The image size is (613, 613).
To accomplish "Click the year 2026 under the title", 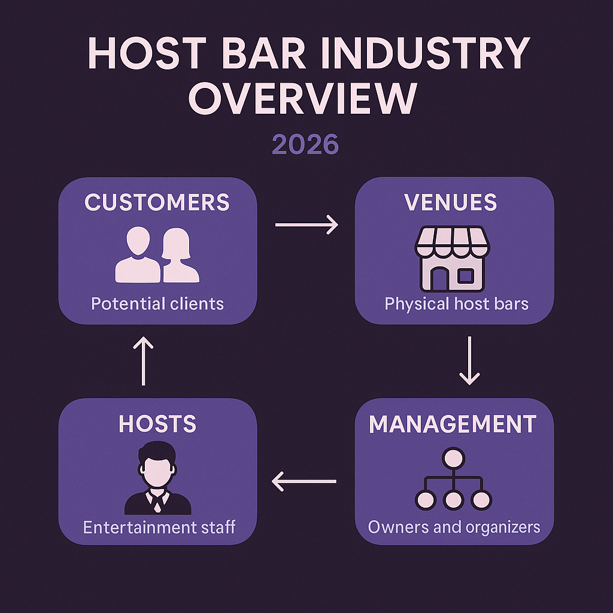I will click(x=305, y=145).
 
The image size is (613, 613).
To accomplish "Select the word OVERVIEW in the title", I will click(x=302, y=99).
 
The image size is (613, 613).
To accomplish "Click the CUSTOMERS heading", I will click(x=157, y=202).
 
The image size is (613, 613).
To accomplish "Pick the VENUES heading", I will click(x=451, y=202).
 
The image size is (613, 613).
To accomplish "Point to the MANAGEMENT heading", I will click(x=453, y=424).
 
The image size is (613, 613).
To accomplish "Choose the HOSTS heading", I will click(x=157, y=424).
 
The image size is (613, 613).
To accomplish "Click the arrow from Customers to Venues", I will click(x=306, y=225).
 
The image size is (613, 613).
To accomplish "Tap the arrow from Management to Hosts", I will click(x=304, y=480).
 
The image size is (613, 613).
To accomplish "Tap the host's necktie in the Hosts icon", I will click(x=157, y=502).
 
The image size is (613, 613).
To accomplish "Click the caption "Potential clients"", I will click(x=157, y=304).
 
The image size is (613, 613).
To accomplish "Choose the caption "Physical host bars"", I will click(x=456, y=304).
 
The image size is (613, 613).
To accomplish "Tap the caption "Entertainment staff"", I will click(x=159, y=527).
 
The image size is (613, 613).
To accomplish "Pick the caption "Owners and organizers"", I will click(x=454, y=527).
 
